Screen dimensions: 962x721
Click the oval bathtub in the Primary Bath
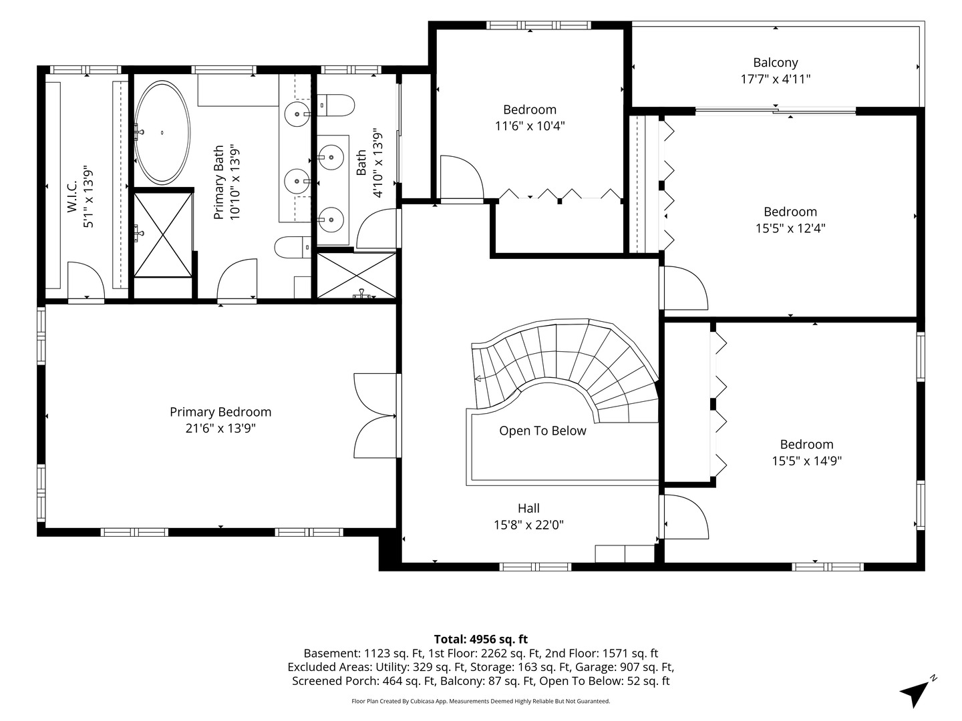pyautogui.click(x=162, y=132)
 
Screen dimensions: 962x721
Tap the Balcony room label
pyautogui.click(x=776, y=63)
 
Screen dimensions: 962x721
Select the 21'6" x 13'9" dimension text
pyautogui.click(x=220, y=428)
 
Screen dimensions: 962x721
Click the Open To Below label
pyautogui.click(x=542, y=431)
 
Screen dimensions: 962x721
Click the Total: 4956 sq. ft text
pyautogui.click(x=481, y=639)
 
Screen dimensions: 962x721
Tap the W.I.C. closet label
pyautogui.click(x=72, y=196)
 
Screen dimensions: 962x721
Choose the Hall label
pyautogui.click(x=528, y=508)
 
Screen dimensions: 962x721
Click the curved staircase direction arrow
pyautogui.click(x=478, y=379)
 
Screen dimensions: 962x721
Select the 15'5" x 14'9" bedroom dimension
pyautogui.click(x=807, y=461)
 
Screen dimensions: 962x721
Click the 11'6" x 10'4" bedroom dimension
pyautogui.click(x=530, y=126)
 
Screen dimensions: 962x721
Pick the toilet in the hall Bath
pyautogui.click(x=336, y=105)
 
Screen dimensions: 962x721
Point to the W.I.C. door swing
pyautogui.click(x=86, y=280)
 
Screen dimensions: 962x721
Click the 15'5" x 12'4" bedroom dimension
pyautogui.click(x=790, y=228)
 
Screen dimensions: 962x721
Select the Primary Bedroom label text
pyautogui.click(x=220, y=412)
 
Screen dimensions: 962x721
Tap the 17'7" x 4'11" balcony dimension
pyautogui.click(x=776, y=79)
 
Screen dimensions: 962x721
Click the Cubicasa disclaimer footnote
pyautogui.click(x=481, y=701)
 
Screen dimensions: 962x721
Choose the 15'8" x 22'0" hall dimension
pyautogui.click(x=528, y=525)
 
